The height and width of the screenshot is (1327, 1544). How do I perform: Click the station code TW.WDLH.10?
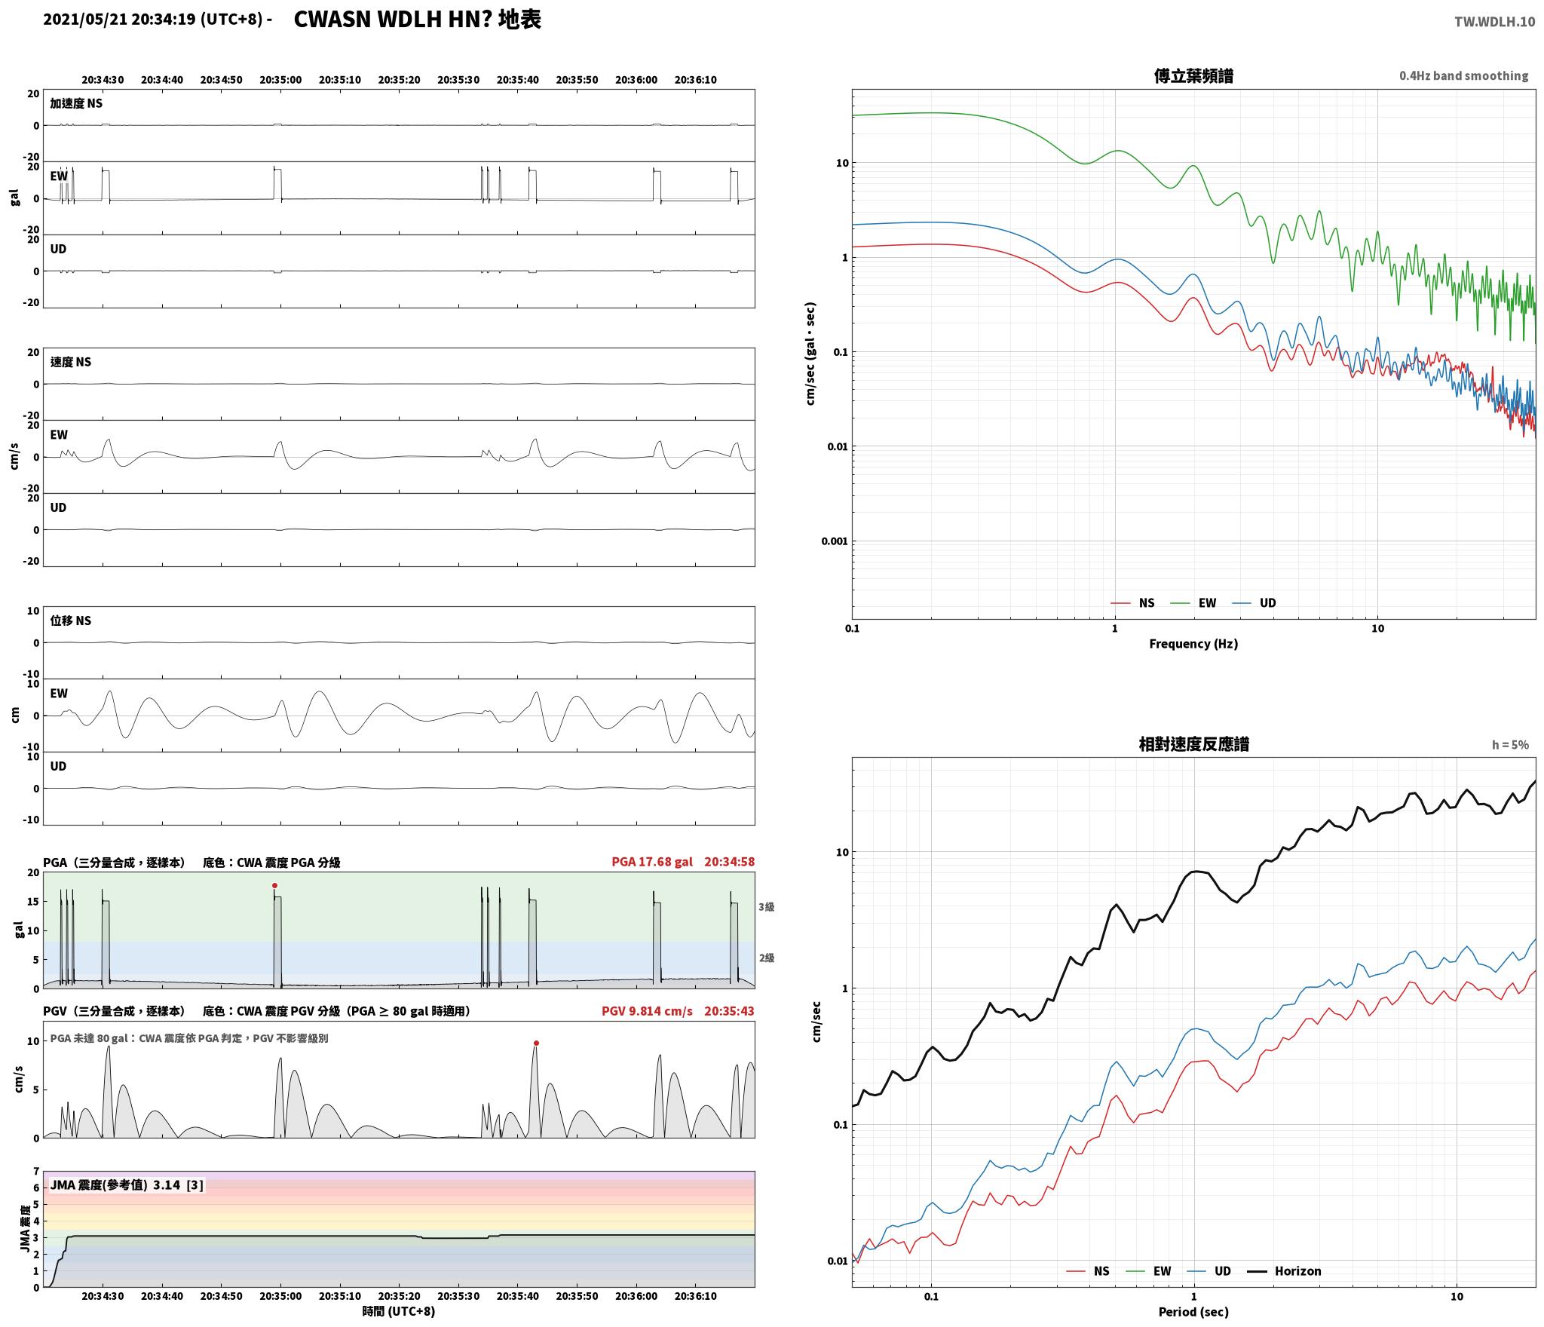[1494, 22]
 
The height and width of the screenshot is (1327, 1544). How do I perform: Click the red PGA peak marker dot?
[274, 885]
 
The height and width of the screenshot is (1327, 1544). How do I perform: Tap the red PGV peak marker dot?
[536, 1043]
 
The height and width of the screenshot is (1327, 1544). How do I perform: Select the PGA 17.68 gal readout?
[651, 862]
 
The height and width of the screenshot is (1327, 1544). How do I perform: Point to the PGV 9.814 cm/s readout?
[647, 1011]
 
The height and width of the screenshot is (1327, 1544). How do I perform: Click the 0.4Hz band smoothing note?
[1463, 76]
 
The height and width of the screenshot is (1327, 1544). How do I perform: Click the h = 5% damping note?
[1510, 745]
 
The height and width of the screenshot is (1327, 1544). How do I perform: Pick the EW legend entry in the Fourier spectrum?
[1193, 603]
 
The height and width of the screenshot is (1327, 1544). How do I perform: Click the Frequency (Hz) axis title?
[1193, 644]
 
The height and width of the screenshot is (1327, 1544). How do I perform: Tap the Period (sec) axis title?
[1193, 1313]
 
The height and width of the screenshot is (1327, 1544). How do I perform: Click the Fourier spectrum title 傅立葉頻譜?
[1193, 76]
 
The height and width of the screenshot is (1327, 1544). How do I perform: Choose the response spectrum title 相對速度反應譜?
[1193, 745]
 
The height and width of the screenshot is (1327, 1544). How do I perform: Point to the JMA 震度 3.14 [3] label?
[127, 1185]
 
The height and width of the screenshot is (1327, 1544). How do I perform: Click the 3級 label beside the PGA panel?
[766, 907]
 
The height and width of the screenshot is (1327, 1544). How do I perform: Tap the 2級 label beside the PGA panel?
[766, 958]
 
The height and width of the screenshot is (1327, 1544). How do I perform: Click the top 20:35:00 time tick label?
[280, 80]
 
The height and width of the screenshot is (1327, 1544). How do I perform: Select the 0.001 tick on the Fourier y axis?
[835, 541]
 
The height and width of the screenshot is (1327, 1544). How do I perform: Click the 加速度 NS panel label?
[76, 103]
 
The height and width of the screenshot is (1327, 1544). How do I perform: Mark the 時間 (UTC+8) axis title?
[399, 1312]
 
